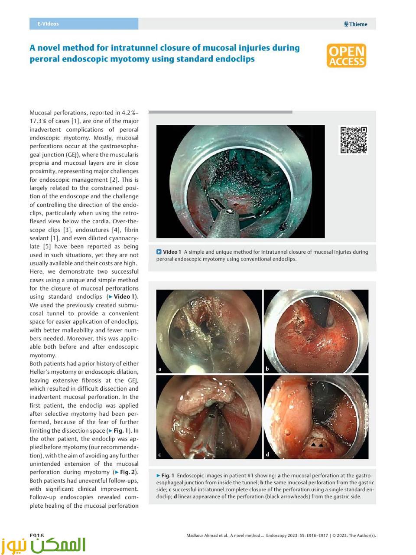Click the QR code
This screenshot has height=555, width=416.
click(x=354, y=140)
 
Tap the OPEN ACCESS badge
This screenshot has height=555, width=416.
click(x=346, y=55)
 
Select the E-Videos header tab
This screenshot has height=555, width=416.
click(x=48, y=24)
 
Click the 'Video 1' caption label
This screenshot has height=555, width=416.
click(x=172, y=252)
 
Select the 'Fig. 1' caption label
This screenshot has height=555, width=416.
click(x=167, y=475)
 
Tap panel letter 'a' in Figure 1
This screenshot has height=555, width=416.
click(x=160, y=369)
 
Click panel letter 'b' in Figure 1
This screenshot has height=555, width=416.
click(x=267, y=369)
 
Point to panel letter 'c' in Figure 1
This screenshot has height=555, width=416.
click(x=159, y=454)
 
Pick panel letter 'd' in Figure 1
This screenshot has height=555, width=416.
click(x=267, y=454)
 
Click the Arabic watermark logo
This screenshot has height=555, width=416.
click(x=43, y=545)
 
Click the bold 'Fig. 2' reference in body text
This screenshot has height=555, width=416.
click(x=127, y=472)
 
